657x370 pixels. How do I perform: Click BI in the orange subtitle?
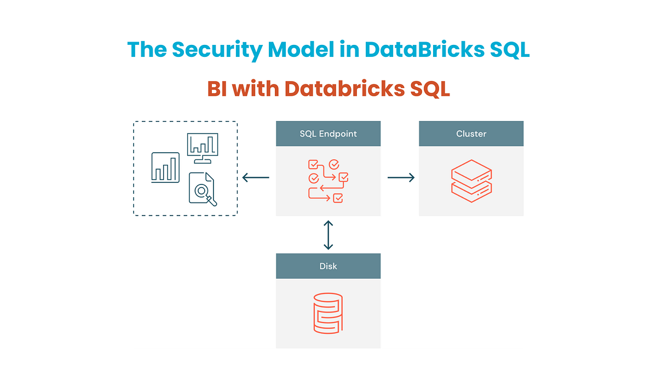click(x=217, y=89)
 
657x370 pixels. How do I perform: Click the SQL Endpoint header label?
click(x=328, y=134)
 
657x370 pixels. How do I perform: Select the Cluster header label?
click(x=471, y=134)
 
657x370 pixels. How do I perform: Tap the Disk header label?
click(x=328, y=266)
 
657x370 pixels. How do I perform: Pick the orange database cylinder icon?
click(x=328, y=313)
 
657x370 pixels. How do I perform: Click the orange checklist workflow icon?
click(x=328, y=181)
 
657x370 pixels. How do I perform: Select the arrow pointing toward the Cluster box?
click(x=401, y=177)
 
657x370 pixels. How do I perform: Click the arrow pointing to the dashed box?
click(x=256, y=177)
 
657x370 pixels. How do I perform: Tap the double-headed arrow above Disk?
click(x=328, y=235)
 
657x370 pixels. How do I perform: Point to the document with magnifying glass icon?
click(x=202, y=189)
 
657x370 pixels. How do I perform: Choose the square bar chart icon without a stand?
click(x=165, y=167)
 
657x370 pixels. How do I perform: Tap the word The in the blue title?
click(x=147, y=49)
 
